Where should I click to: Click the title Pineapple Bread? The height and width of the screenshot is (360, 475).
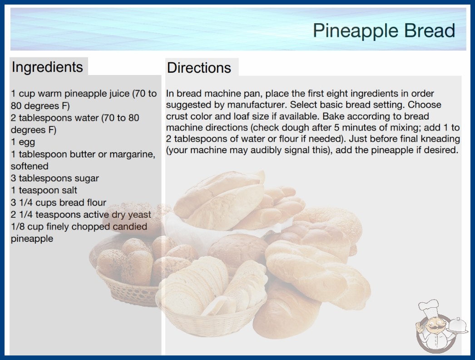[x=384, y=30]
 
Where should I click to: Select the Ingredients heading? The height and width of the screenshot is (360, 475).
[x=47, y=67]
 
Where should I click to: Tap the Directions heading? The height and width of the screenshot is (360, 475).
[x=199, y=68]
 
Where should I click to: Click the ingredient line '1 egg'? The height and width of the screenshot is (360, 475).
[x=23, y=142]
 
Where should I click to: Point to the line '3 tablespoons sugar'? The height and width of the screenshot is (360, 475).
[x=55, y=178]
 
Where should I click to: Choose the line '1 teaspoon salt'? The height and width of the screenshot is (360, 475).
[x=44, y=190]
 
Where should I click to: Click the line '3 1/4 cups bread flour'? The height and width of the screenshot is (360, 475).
[x=59, y=202]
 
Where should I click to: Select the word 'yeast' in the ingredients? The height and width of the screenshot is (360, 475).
[x=139, y=215]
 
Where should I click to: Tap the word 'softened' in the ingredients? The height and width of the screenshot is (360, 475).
[x=30, y=166]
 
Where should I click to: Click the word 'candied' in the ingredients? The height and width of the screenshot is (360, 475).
[x=130, y=226]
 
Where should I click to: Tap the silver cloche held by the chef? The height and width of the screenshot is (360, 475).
[x=457, y=325]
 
